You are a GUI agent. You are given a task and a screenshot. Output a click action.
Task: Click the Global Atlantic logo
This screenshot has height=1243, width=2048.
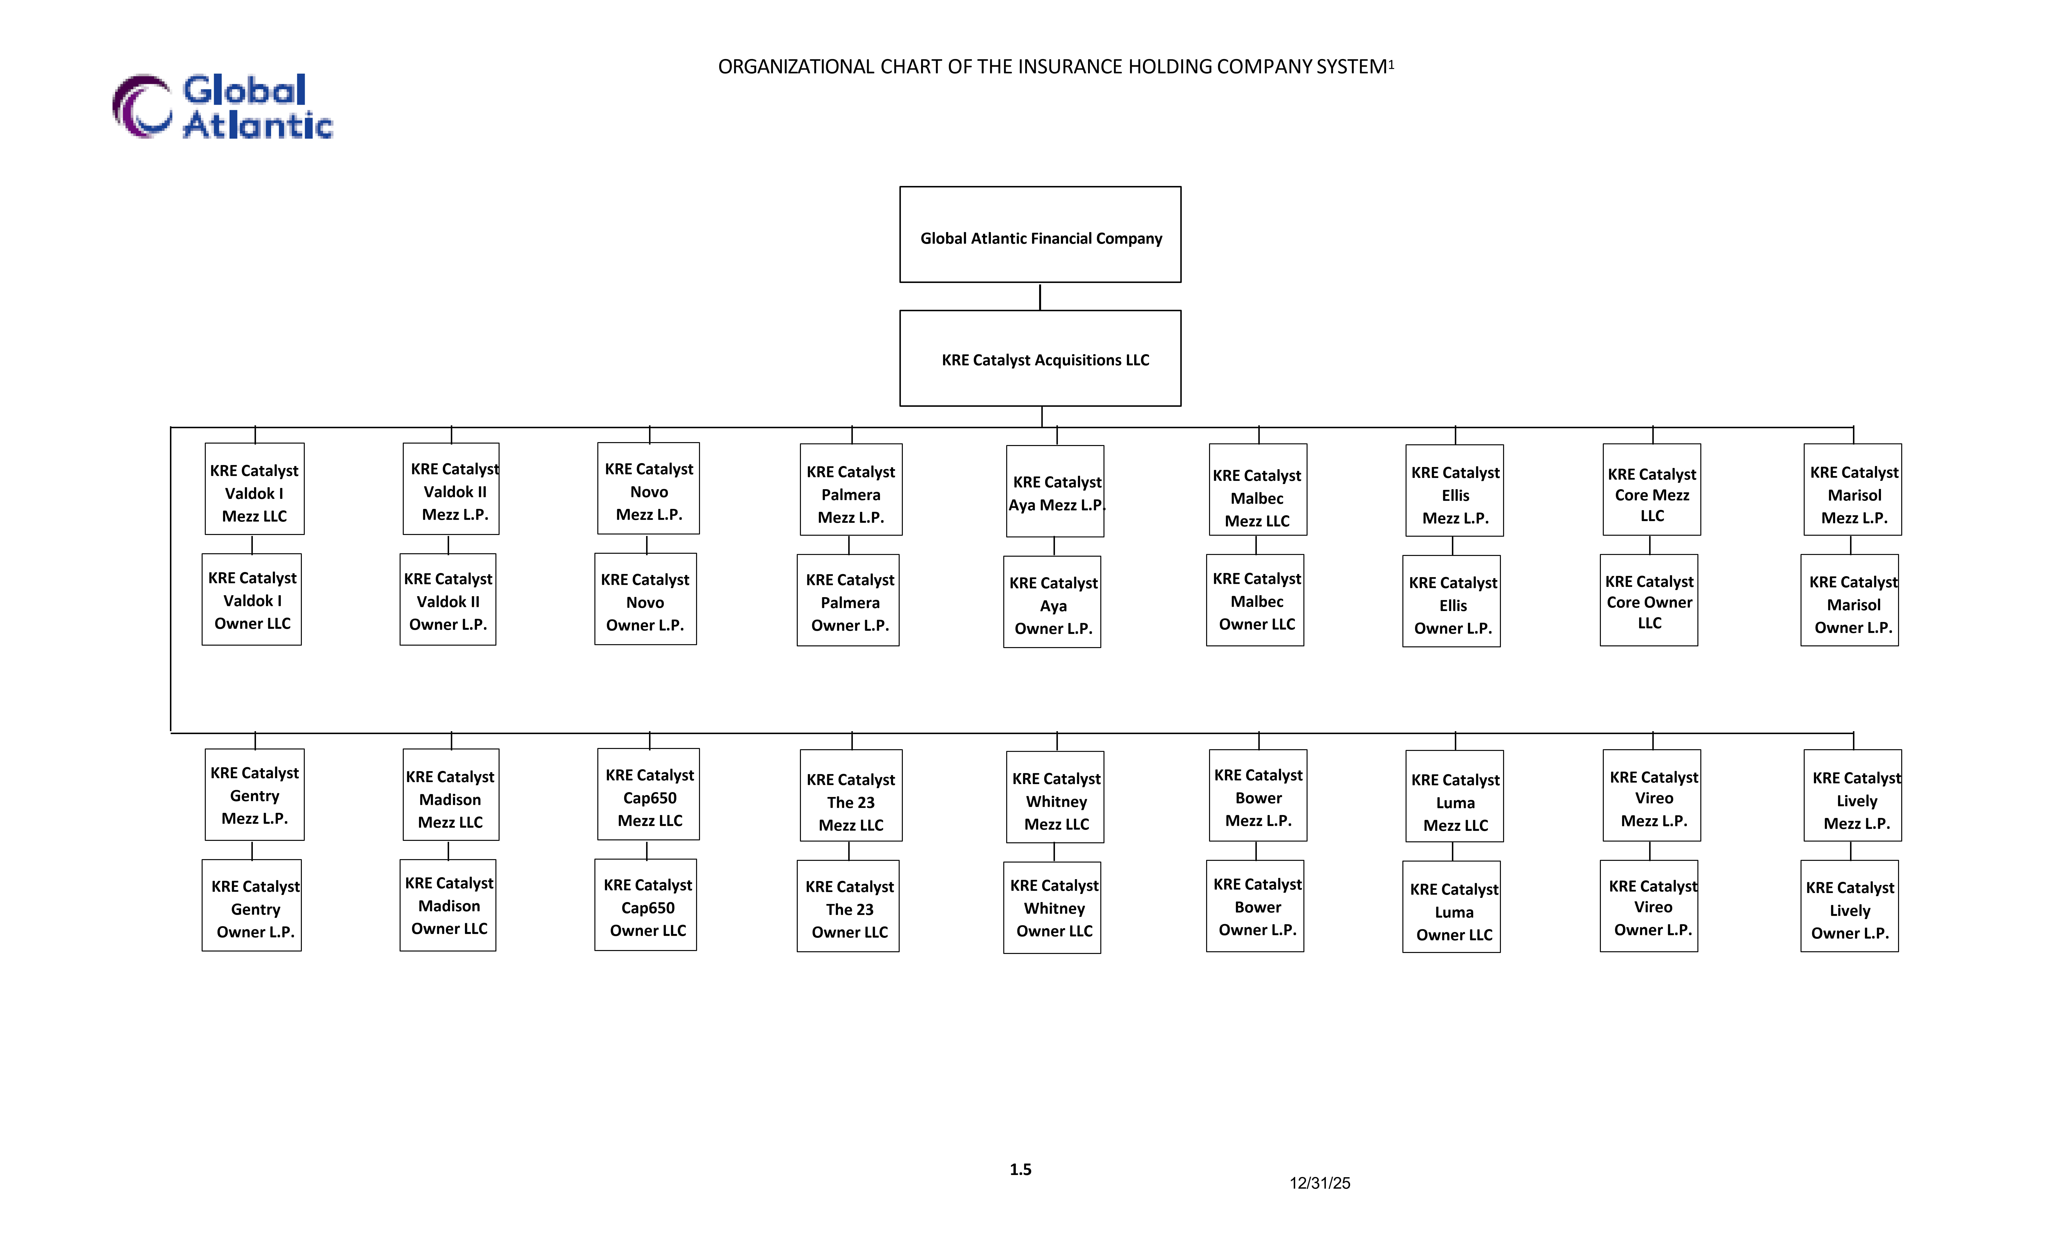[x=223, y=106]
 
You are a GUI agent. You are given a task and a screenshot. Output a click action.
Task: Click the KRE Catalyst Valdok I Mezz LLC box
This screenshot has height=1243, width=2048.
[x=254, y=489]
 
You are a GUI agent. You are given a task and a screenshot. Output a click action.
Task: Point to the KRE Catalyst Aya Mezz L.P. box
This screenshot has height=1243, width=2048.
[x=1055, y=491]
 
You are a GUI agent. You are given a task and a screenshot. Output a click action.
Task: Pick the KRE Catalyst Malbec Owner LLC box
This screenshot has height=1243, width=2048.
[x=1255, y=600]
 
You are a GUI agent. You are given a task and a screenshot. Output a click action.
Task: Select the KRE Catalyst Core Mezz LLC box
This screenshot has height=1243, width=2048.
[x=1652, y=489]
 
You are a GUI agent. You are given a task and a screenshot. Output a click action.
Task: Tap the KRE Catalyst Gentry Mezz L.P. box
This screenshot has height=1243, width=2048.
[x=254, y=794]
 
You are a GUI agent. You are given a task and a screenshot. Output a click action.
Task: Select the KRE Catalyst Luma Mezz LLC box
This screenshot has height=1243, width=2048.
[x=1455, y=796]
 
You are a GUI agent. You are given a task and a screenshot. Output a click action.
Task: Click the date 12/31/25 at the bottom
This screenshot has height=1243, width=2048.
[x=1320, y=1183]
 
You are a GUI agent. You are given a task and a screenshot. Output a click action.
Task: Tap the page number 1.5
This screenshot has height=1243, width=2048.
[x=1021, y=1170]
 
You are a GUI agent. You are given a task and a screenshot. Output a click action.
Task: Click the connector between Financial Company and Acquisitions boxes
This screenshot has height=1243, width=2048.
[x=1040, y=297]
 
